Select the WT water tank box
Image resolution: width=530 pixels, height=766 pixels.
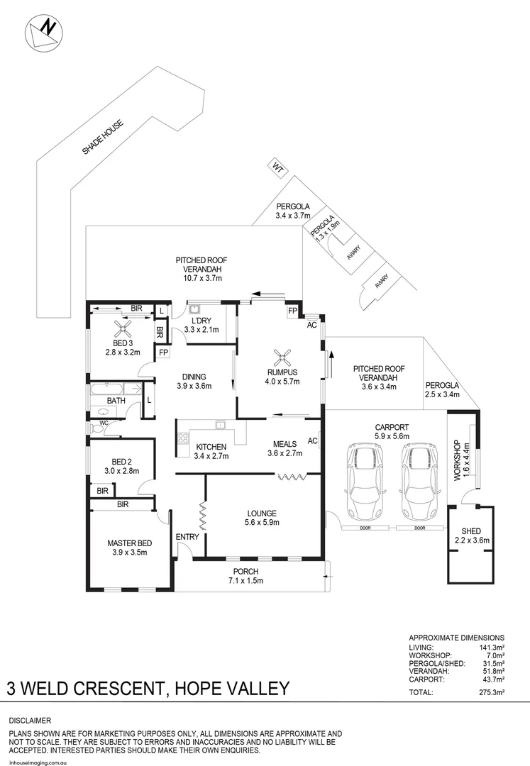pyautogui.click(x=277, y=167)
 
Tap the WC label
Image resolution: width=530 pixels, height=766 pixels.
pyautogui.click(x=104, y=423)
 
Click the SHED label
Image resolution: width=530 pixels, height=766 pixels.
pyautogui.click(x=471, y=531)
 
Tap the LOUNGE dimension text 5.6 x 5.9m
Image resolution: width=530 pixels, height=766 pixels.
pyautogui.click(x=262, y=523)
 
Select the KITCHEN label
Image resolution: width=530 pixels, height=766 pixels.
pyautogui.click(x=211, y=447)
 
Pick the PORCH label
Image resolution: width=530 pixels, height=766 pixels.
pyautogui.click(x=245, y=572)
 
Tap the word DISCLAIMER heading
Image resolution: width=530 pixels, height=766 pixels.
pyautogui.click(x=31, y=720)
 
